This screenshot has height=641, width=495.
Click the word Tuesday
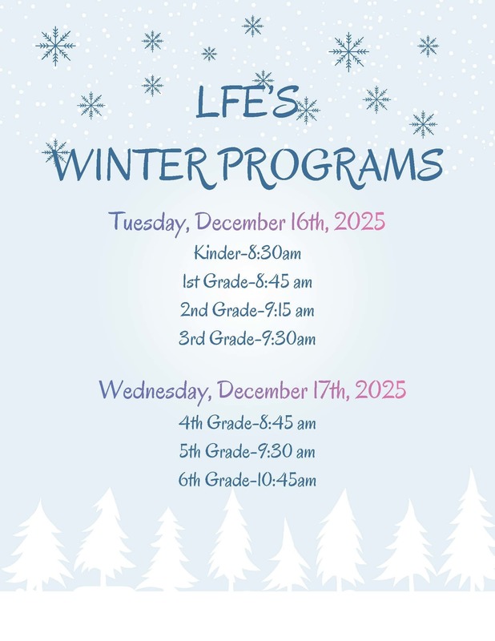149,220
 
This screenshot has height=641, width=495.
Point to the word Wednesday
155,390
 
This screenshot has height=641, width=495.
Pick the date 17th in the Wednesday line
328,390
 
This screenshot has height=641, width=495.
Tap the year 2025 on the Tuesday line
360,220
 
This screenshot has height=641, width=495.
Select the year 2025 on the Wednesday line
380,390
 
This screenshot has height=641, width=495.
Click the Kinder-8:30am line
247,254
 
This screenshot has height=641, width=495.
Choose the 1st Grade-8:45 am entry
247,282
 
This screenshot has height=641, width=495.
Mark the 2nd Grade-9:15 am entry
247,310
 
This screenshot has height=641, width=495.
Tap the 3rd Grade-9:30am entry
247,338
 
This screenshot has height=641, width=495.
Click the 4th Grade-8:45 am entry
247,422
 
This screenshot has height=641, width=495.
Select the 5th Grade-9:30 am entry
247,451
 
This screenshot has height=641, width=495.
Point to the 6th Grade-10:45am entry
247,480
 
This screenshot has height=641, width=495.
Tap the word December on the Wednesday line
261,390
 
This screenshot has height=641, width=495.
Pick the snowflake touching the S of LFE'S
306,110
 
